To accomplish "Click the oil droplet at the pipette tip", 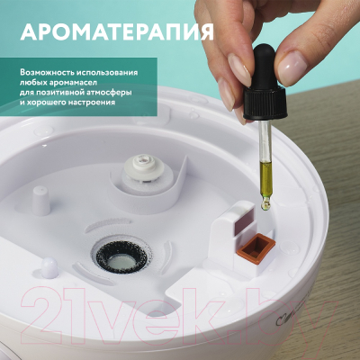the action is pos(265,205).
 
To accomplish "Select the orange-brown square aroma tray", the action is pos(256,247).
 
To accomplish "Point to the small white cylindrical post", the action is pos(40,200).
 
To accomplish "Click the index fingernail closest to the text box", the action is pos(238,67).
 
